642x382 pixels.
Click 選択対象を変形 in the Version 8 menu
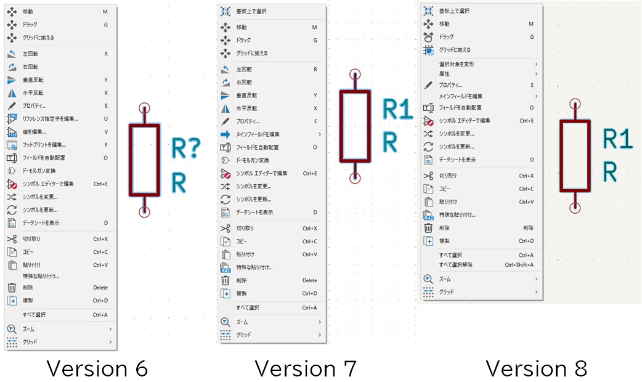click(457, 64)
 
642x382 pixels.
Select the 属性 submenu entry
click(444, 73)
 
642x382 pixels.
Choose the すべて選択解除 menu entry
click(456, 265)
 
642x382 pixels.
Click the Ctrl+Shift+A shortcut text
click(519, 265)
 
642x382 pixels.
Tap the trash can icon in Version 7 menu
click(226, 280)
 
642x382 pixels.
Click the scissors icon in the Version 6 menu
click(11, 239)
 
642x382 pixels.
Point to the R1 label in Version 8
click(617, 139)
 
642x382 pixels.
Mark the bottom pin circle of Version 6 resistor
click(144, 212)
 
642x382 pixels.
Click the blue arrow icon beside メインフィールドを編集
click(226, 134)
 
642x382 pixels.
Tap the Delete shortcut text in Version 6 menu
click(100, 288)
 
